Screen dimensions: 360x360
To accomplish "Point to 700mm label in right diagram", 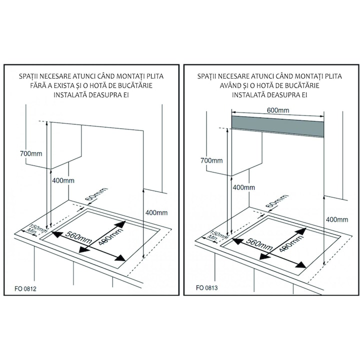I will pyautogui.click(x=210, y=160).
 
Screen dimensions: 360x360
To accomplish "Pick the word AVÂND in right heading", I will pyautogui.click(x=220, y=85).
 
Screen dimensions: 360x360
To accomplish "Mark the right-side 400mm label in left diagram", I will pyautogui.click(x=156, y=213).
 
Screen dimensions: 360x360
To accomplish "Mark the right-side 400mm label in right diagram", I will pyautogui.click(x=336, y=219).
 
